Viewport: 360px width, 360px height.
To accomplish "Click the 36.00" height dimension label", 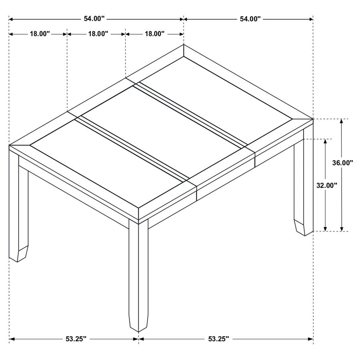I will [343, 163].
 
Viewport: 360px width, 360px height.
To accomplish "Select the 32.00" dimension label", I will [327, 185].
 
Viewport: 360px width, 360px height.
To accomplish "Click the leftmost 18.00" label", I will [39, 34].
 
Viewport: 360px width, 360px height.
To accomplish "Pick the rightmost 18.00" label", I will [154, 34].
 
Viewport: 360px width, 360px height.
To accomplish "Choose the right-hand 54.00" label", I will [250, 19].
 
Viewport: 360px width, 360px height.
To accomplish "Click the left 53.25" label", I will [76, 339].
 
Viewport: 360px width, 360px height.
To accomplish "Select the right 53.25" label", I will [218, 339].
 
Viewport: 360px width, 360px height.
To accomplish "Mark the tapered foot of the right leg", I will [303, 227].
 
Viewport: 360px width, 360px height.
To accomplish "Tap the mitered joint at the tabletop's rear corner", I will [184, 51].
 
